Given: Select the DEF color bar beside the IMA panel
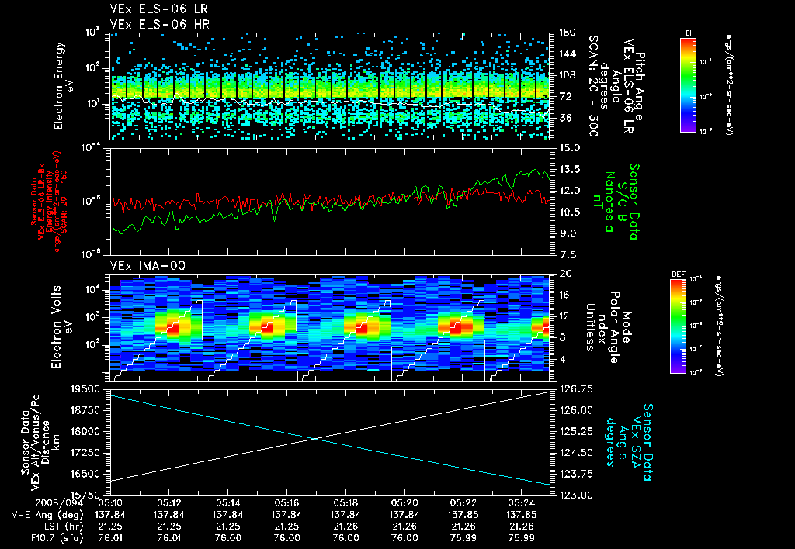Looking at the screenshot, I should tap(676, 326).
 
